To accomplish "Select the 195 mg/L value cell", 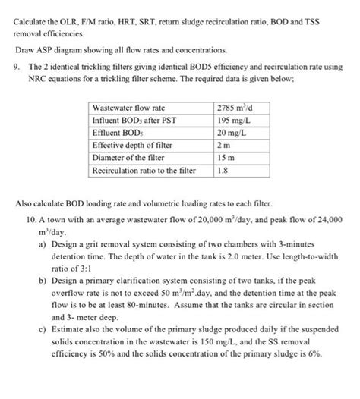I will pos(232,121).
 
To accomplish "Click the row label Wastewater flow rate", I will pos(128,108).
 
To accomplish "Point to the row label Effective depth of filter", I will pos(132,146).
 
